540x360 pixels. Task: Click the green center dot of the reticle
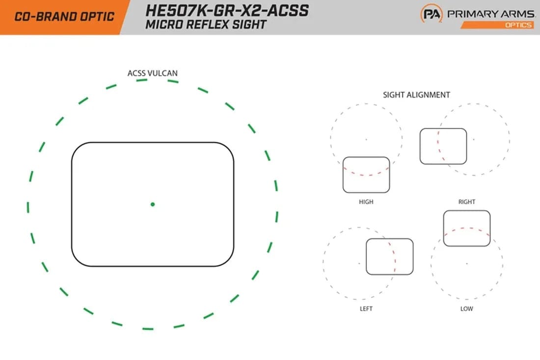pos(153,204)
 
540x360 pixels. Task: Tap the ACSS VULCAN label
pos(153,73)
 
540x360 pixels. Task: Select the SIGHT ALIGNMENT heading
pos(416,95)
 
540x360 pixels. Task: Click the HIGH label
pos(366,202)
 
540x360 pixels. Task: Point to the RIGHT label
pos(466,202)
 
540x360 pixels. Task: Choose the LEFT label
pos(366,309)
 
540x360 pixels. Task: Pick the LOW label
pos(466,309)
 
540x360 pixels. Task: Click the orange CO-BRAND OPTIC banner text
pos(64,17)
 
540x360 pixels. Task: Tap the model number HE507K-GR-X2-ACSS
pos(227,10)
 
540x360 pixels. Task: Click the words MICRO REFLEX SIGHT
pos(206,24)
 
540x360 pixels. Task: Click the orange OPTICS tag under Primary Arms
pos(518,25)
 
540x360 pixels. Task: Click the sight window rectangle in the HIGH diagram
pos(366,175)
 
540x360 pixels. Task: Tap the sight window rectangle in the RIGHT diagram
pos(443,146)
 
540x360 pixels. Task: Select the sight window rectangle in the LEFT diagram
pos(390,257)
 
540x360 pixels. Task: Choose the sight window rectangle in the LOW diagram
pos(466,228)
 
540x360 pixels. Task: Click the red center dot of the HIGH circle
pos(366,139)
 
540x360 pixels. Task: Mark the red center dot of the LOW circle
pos(466,263)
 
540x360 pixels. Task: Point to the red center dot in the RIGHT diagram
pos(474,139)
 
